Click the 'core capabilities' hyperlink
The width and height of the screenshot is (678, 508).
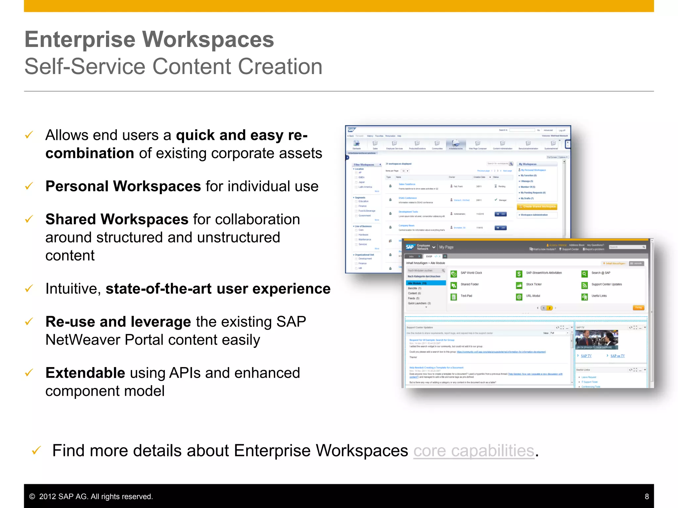coord(474,451)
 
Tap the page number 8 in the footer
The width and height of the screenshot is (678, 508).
coord(647,496)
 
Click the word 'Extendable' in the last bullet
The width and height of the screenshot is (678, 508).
coord(85,373)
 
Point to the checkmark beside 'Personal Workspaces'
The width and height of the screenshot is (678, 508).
coord(29,186)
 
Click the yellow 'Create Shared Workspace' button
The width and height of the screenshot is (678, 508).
coord(537,207)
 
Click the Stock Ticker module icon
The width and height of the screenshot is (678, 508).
coord(519,285)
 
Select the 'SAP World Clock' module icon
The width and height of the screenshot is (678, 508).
coord(454,274)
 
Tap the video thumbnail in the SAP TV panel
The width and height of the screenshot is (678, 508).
coord(597,340)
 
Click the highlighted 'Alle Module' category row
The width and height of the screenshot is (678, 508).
coord(426,283)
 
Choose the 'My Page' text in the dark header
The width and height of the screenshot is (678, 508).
coord(446,247)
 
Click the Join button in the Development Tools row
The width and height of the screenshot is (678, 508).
coord(501,214)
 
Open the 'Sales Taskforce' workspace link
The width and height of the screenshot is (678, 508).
coord(407,184)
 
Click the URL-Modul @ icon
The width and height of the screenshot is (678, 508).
coord(519,297)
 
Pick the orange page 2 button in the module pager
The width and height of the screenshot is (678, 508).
coord(550,308)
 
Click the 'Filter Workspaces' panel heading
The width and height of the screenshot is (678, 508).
coord(364,165)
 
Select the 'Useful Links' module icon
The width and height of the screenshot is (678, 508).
coord(584,297)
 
